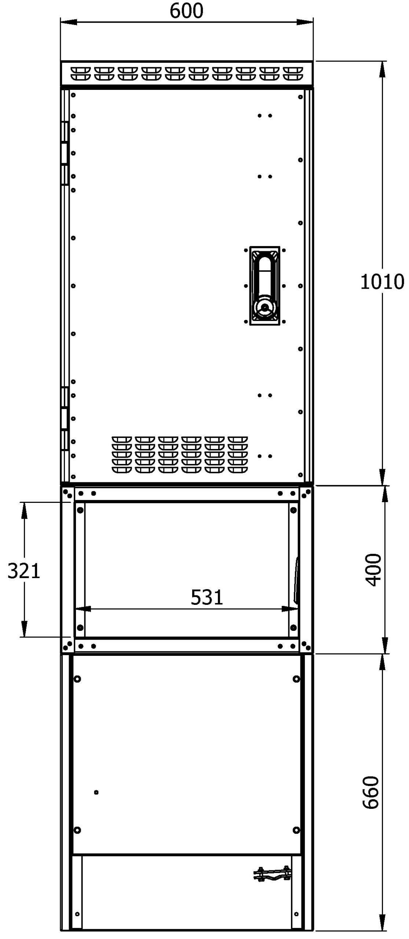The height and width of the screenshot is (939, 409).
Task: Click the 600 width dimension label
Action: (x=186, y=11)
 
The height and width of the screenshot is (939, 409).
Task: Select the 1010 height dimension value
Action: (x=382, y=282)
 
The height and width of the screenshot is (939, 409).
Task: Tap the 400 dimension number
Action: (x=374, y=570)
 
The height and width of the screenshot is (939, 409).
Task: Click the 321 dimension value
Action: (x=24, y=571)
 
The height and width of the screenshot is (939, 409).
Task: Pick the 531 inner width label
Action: (x=207, y=597)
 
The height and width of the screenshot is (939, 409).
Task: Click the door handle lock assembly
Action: (x=264, y=285)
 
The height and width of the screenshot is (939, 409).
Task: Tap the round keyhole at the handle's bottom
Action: (x=264, y=307)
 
